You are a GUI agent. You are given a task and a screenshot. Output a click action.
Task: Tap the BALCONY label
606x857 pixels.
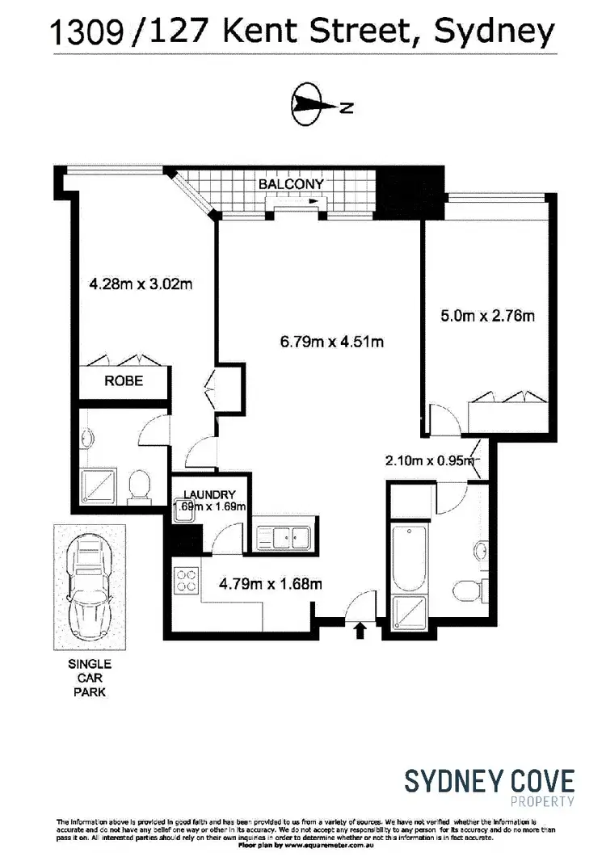(x=291, y=184)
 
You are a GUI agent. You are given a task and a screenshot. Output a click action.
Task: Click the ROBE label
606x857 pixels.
(x=124, y=381)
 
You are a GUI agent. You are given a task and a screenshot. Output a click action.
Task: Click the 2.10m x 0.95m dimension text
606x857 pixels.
(x=427, y=461)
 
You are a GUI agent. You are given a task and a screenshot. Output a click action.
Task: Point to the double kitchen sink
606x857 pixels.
(x=285, y=536)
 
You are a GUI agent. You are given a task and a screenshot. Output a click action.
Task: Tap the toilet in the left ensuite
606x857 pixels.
(x=138, y=487)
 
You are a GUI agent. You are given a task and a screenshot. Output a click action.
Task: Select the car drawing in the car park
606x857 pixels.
(x=89, y=587)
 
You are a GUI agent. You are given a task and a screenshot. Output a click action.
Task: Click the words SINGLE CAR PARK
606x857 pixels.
(x=89, y=678)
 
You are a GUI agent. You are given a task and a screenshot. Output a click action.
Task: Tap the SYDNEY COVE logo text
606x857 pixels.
(x=489, y=781)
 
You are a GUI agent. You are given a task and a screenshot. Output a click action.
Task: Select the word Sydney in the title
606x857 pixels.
(x=494, y=32)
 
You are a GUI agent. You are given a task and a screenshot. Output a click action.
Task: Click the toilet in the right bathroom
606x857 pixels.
(x=467, y=587)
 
